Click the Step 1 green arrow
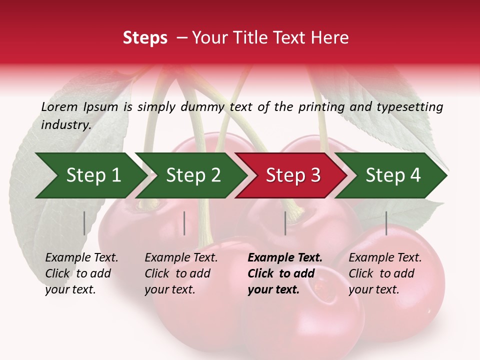(90, 175)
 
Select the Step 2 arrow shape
(191, 175)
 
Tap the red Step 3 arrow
(292, 175)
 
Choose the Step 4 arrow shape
(392, 175)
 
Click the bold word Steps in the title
(145, 38)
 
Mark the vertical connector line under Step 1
(84, 223)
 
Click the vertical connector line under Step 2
(184, 223)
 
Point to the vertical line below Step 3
(285, 223)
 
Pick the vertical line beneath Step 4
(386, 223)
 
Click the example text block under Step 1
(81, 273)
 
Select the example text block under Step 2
(181, 273)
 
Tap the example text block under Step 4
(385, 273)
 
